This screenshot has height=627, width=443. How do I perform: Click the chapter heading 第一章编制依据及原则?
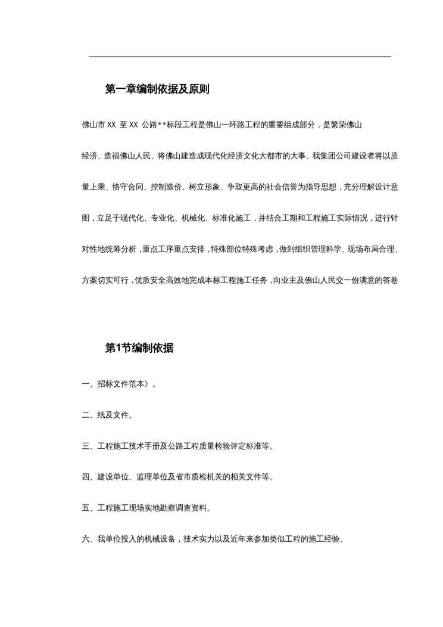(157, 90)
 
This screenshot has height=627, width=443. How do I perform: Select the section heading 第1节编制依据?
(139, 349)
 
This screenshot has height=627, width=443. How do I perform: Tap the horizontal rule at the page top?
(239, 57)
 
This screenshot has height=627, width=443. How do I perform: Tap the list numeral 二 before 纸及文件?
(85, 415)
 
